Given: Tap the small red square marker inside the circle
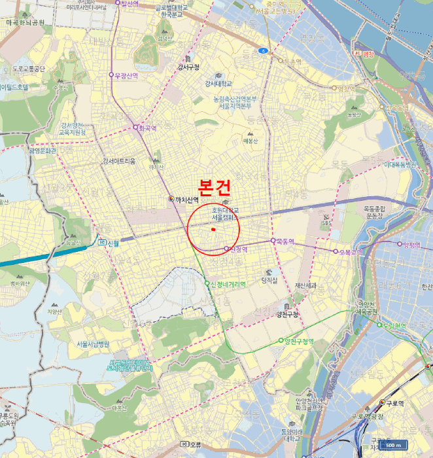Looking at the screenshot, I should click(x=213, y=230).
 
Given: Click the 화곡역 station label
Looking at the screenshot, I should click(x=147, y=128).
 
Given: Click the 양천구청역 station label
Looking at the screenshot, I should click(x=298, y=342).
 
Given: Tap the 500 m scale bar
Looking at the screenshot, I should click(x=390, y=446).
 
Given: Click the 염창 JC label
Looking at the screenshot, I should click(x=364, y=54).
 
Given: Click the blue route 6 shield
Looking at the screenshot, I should click(x=263, y=50).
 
